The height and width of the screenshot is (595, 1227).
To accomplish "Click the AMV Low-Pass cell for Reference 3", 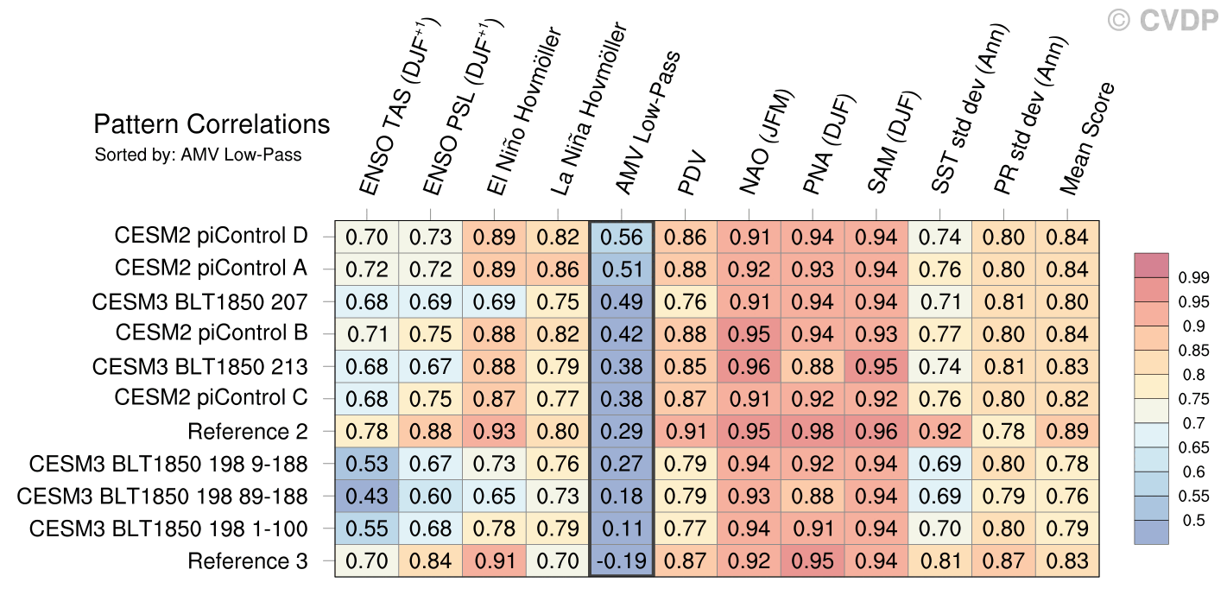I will click(x=622, y=560).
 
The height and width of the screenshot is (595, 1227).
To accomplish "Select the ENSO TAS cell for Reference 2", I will click(x=367, y=431).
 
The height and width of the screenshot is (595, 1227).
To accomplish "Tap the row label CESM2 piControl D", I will click(x=211, y=236).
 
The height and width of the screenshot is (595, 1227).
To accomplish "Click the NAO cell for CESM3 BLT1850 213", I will click(x=749, y=366).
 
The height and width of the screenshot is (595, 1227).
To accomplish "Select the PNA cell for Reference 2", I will click(x=813, y=431).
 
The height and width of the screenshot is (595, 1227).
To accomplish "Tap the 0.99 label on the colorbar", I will click(x=1194, y=278).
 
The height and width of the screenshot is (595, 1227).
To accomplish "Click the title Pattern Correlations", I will click(x=212, y=124).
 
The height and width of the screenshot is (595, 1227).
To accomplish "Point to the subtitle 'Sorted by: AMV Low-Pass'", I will click(x=198, y=155).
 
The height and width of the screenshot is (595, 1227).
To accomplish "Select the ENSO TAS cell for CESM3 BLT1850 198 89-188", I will click(x=367, y=496).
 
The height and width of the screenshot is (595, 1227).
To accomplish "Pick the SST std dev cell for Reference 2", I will click(x=940, y=431).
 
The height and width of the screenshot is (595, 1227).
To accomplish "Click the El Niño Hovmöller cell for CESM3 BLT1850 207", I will click(x=495, y=301).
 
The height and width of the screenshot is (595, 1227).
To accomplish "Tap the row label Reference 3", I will click(x=248, y=560).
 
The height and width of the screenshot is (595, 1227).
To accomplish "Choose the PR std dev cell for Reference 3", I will click(x=1003, y=560).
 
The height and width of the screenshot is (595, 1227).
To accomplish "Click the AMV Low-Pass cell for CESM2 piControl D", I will click(x=622, y=237).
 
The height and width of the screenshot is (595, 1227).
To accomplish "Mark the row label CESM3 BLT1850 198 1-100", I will click(x=168, y=529).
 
